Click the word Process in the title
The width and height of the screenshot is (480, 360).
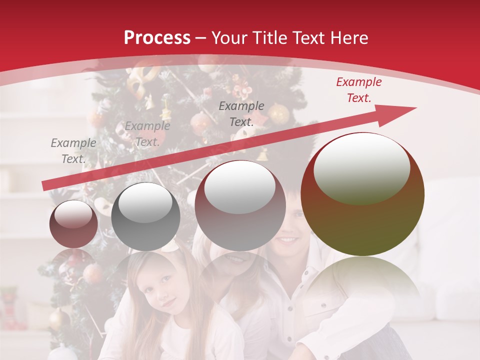pyautogui.click(x=157, y=38)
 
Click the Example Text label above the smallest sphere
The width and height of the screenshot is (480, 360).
pyautogui.click(x=73, y=151)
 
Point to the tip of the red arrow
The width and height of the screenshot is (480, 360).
pyautogui.click(x=415, y=108)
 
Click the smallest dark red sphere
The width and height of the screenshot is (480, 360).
pyautogui.click(x=73, y=224)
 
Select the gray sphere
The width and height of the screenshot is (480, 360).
pyautogui.click(x=145, y=216)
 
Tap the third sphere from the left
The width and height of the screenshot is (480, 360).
pyautogui.click(x=240, y=205)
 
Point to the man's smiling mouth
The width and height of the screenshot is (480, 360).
pyautogui.click(x=287, y=240)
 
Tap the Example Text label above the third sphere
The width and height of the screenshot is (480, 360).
pyautogui.click(x=241, y=114)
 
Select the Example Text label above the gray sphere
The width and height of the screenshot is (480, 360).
pyautogui.click(x=147, y=134)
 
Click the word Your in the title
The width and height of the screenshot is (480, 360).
pyautogui.click(x=230, y=38)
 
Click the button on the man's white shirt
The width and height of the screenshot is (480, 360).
pyautogui.click(x=322, y=304)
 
